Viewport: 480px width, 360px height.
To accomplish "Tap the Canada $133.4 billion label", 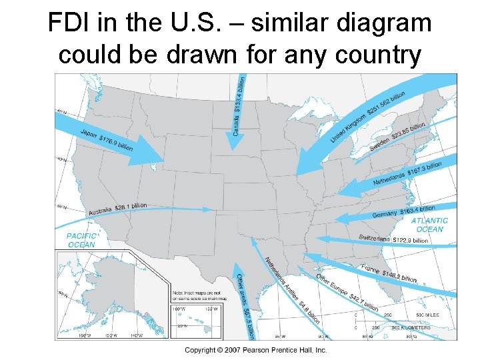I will tap(239, 106).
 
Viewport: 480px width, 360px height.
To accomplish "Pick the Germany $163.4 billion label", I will tap(403, 211).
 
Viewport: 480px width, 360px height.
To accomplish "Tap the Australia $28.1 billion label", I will tap(117, 209).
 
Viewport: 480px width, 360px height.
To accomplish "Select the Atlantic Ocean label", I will tap(429, 225).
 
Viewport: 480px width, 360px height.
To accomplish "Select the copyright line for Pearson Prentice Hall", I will tap(256, 350).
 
